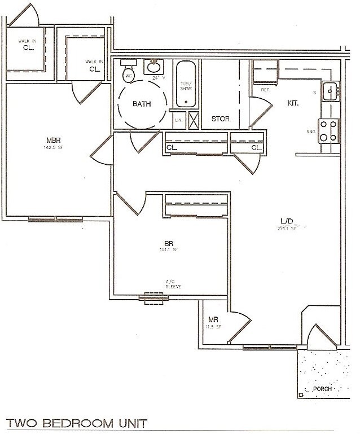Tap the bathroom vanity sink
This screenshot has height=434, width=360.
click(x=152, y=67)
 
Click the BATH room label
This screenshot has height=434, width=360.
click(x=141, y=104)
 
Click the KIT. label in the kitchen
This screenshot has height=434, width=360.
click(x=292, y=103)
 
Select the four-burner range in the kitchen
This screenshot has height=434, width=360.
click(x=329, y=131)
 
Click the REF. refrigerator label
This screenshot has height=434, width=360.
click(x=265, y=90)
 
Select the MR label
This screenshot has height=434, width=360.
click(x=213, y=320)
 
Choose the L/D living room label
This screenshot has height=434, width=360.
click(x=286, y=222)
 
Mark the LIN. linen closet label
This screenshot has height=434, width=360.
click(x=178, y=120)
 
